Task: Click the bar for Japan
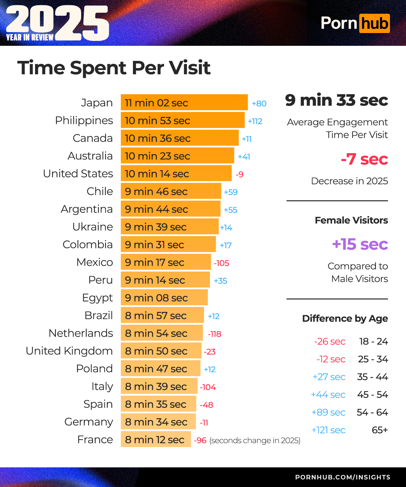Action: [184, 102]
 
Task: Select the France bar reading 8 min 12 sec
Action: [156, 440]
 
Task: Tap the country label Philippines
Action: [84, 120]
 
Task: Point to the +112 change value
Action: [255, 121]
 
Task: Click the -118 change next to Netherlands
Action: [214, 334]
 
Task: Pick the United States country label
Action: [78, 173]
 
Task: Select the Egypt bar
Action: [164, 298]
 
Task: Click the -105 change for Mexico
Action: [221, 263]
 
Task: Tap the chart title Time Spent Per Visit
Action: [114, 68]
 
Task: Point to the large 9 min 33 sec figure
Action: [337, 100]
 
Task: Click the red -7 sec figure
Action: [364, 159]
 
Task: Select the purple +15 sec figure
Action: [360, 244]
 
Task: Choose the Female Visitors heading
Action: [351, 220]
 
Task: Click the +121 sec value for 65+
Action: [328, 430]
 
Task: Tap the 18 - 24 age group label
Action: [373, 341]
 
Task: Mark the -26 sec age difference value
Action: [330, 341]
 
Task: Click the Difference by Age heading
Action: [345, 318]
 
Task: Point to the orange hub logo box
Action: [375, 23]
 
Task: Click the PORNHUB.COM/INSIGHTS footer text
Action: [342, 477]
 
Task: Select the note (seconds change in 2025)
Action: [255, 441]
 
